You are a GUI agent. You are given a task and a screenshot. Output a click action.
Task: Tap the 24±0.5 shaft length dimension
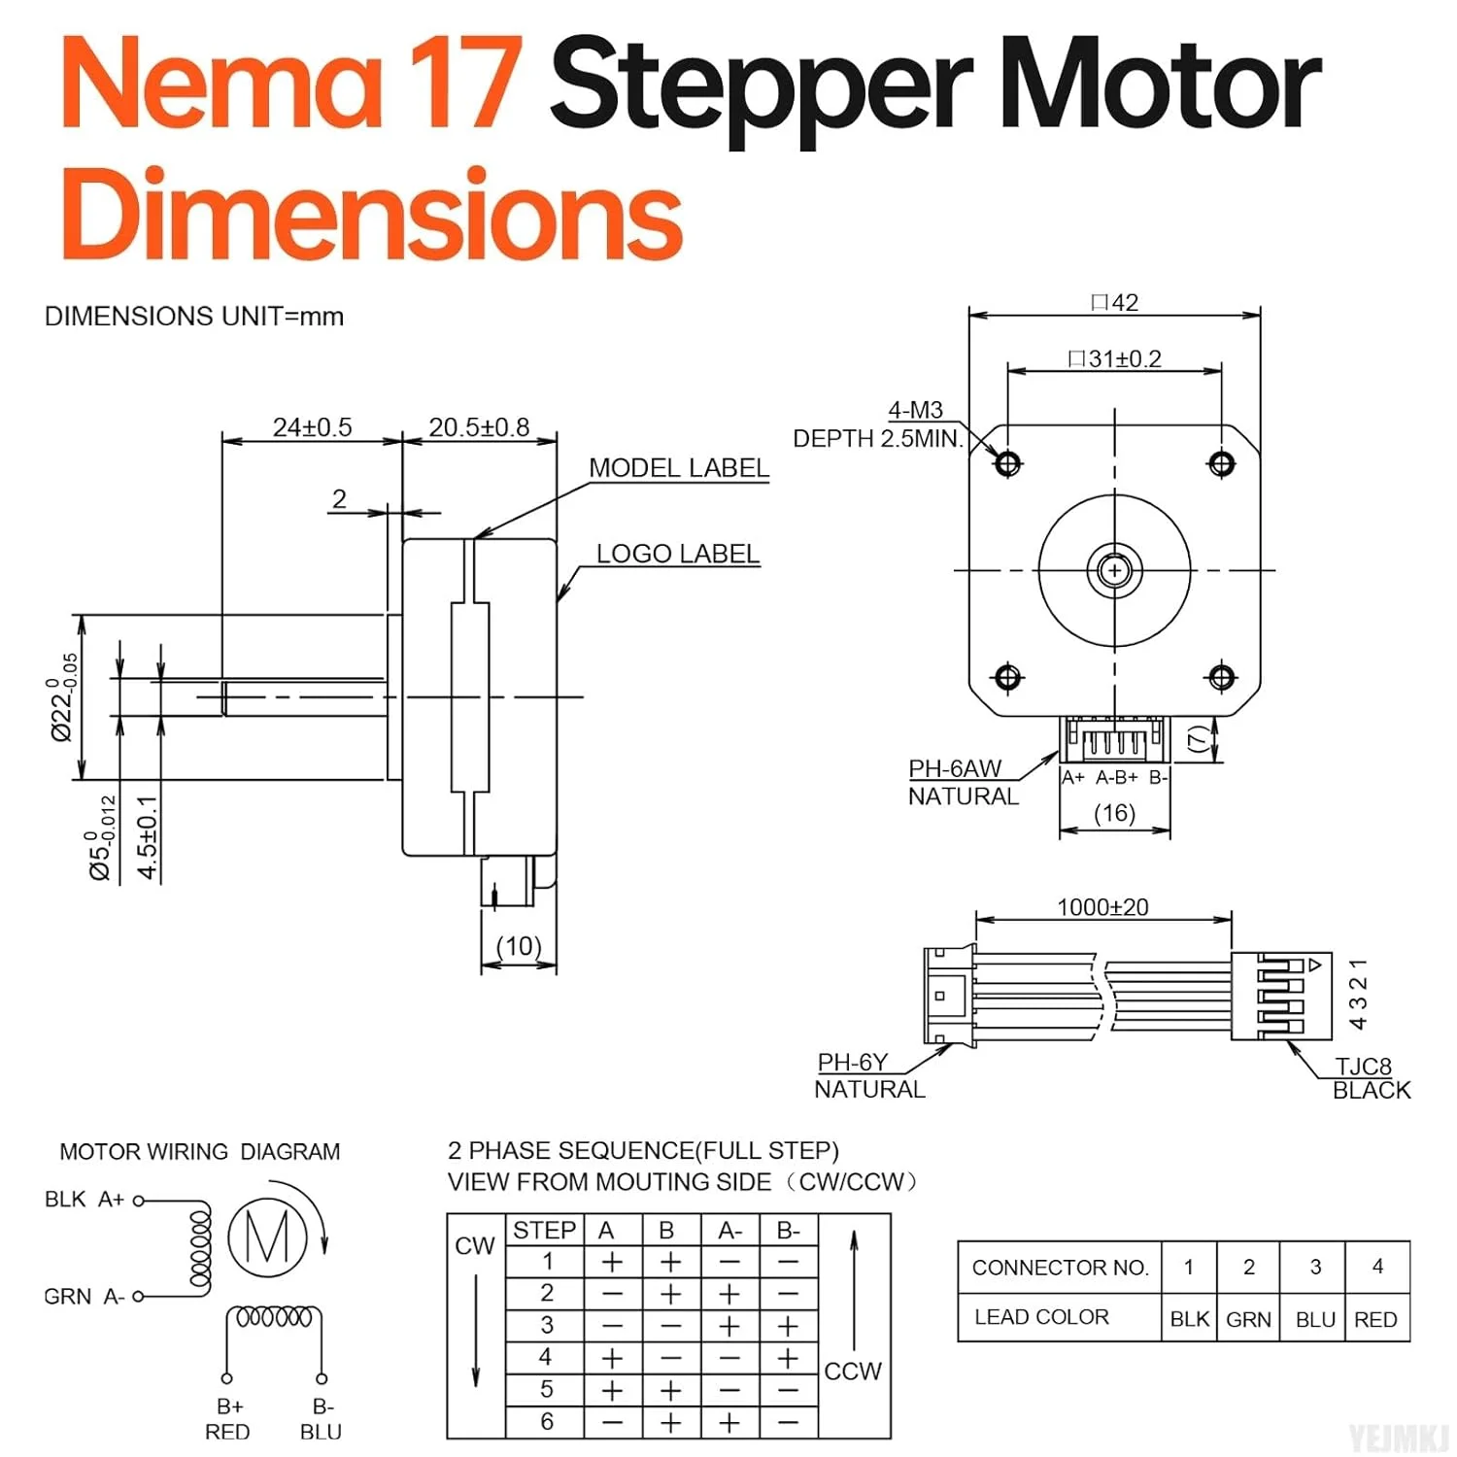pyautogui.click(x=312, y=427)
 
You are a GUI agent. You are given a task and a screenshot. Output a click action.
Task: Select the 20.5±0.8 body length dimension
pyautogui.click(x=479, y=427)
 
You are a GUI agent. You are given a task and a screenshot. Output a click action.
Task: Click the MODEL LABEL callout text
pyautogui.click(x=678, y=468)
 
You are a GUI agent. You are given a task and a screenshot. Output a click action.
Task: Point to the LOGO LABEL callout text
pyautogui.click(x=677, y=554)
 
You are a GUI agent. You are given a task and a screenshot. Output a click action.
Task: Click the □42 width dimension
pyautogui.click(x=1114, y=303)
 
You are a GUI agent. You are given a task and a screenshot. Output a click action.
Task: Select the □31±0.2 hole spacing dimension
pyautogui.click(x=1114, y=359)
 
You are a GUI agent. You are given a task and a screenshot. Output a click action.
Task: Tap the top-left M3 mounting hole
pyautogui.click(x=1007, y=463)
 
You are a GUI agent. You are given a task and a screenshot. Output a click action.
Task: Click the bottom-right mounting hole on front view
pyautogui.click(x=1221, y=677)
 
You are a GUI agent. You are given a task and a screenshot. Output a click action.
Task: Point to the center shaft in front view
pyautogui.click(x=1114, y=570)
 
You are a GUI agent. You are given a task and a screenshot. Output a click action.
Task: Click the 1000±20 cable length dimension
pyautogui.click(x=1102, y=907)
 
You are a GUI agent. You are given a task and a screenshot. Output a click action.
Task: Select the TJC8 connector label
pyautogui.click(x=1363, y=1067)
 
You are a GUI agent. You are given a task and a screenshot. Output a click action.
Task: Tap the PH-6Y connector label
pyautogui.click(x=852, y=1063)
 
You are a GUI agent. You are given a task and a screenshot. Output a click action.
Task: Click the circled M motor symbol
pyautogui.click(x=267, y=1237)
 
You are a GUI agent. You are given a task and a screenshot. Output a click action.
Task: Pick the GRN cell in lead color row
pyautogui.click(x=1248, y=1319)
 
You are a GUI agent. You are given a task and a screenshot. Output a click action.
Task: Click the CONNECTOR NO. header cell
pyautogui.click(x=1060, y=1268)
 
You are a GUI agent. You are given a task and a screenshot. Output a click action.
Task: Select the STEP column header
pyautogui.click(x=544, y=1230)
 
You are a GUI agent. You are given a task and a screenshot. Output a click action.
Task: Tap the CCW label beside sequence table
pyautogui.click(x=852, y=1372)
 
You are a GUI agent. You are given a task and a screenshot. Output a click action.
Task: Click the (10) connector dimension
pyautogui.click(x=519, y=946)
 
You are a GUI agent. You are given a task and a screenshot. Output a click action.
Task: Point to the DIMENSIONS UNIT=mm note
pyautogui.click(x=194, y=317)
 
